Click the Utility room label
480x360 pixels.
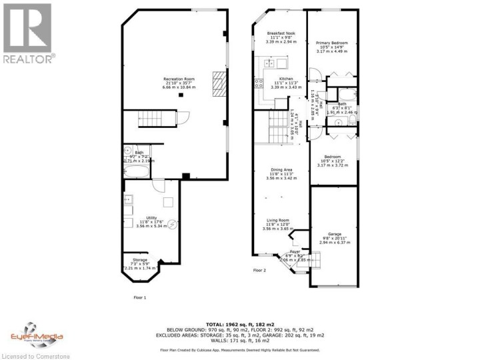tap(151, 221)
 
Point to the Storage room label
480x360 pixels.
tap(139, 263)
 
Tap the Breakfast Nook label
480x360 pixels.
tap(280, 36)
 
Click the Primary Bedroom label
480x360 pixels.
tap(332, 45)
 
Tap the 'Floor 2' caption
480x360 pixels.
tap(259, 271)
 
